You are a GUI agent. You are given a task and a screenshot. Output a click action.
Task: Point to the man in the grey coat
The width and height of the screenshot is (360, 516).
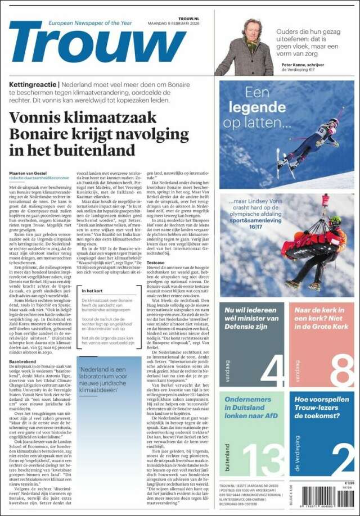(x=245, y=49)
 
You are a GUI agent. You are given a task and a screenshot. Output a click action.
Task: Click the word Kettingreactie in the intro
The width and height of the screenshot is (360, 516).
(x=33, y=84)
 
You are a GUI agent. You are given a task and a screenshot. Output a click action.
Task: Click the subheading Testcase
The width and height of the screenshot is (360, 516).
(x=156, y=262)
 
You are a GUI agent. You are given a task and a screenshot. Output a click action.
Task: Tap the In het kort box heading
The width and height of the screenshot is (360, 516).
(x=92, y=291)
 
